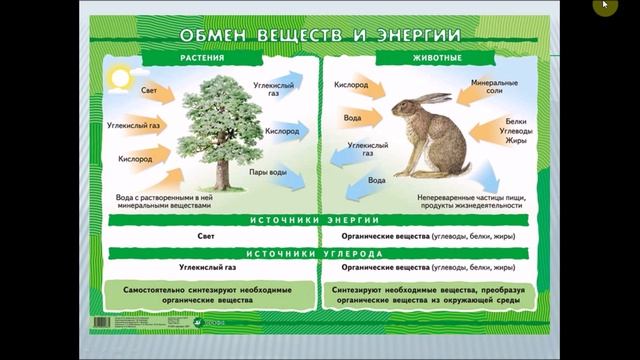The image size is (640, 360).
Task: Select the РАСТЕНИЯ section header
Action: tap(201, 58)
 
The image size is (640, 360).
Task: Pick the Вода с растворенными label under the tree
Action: tap(164, 200)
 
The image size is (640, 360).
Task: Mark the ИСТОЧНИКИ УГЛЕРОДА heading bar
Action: tap(316, 254)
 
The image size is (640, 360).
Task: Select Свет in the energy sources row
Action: tap(206, 236)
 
